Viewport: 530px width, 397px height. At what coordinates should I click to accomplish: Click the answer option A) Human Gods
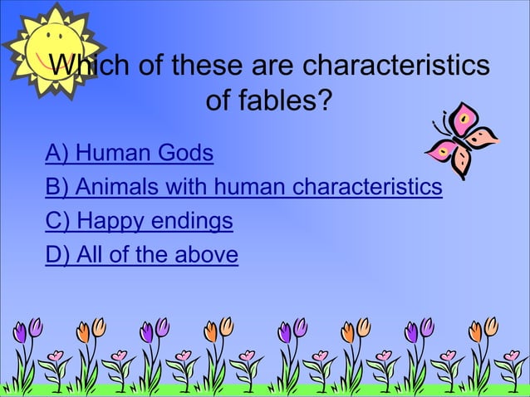[x=130, y=154]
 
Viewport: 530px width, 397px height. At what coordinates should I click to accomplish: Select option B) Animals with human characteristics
[x=243, y=188]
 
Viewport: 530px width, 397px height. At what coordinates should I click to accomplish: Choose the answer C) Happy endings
[x=139, y=221]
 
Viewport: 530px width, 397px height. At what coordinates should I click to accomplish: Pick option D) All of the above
[x=141, y=255]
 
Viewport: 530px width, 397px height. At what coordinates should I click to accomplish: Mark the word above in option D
[x=208, y=255]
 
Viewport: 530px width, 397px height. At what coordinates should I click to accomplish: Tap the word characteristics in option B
[x=366, y=188]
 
